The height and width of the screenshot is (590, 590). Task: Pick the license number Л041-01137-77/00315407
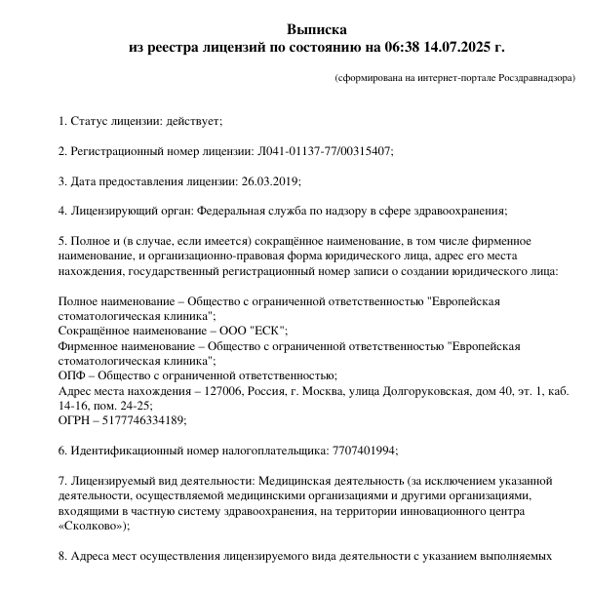point(324,151)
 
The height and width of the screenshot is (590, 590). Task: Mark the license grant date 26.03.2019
point(269,181)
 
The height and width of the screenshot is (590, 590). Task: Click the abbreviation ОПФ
point(72,375)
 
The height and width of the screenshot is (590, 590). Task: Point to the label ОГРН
point(75,420)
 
